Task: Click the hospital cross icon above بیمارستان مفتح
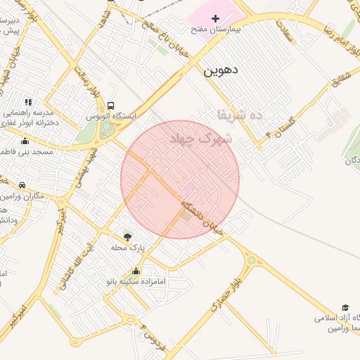215,17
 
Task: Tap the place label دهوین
221,70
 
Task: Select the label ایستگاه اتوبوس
112,115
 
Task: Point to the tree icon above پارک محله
127,237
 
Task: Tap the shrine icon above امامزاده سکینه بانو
136,271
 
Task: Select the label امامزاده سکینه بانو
136,281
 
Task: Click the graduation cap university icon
345,307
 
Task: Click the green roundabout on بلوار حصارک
251,261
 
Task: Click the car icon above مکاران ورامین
22,185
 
